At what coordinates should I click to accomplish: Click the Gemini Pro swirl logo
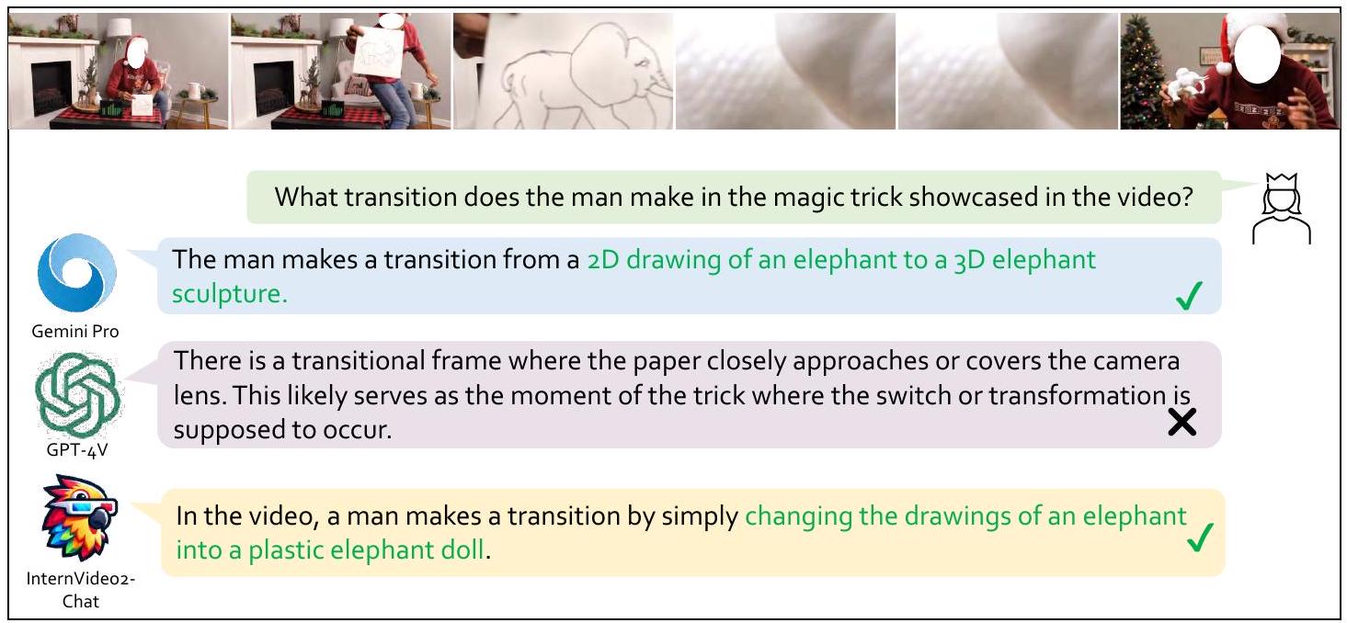77,273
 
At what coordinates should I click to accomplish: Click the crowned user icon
1282,209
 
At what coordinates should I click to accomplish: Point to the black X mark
1182,422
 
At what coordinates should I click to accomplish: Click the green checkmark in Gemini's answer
1189,296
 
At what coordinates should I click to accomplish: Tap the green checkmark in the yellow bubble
1200,538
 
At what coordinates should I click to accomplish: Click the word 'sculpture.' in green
230,294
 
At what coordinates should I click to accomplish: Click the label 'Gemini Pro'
75,331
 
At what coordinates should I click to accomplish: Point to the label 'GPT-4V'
77,450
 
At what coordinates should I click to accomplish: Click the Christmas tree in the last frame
1141,72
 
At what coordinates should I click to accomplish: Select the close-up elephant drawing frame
563,72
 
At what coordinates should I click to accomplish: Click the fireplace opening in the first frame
51,87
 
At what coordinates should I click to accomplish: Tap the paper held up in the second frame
379,53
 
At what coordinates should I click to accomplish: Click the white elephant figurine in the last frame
1181,85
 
